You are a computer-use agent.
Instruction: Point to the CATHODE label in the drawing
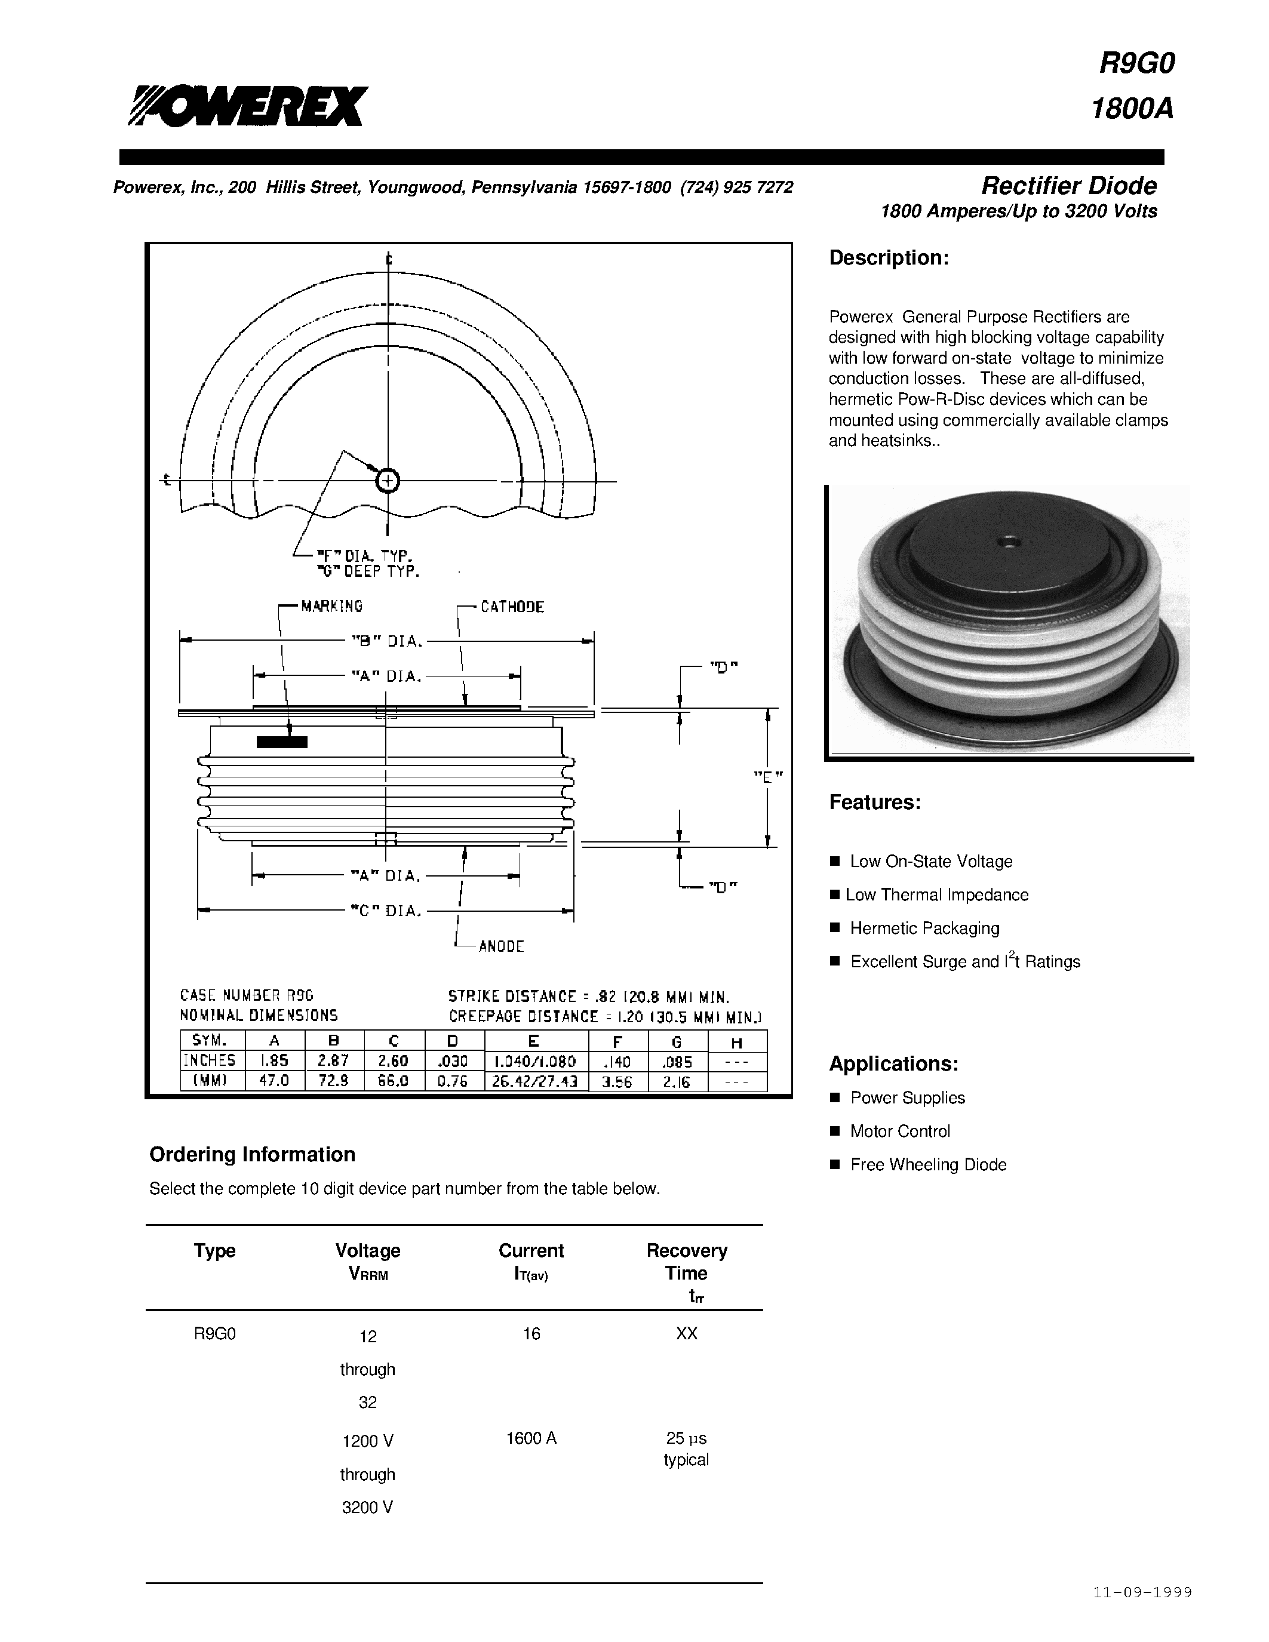coord(512,607)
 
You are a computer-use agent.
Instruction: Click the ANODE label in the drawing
coord(500,946)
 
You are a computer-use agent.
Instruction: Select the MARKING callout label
coord(331,606)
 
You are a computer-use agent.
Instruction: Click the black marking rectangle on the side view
coord(282,743)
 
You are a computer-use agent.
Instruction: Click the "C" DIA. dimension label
coord(386,911)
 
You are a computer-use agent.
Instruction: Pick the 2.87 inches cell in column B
coord(334,1061)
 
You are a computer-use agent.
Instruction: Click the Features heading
coord(874,802)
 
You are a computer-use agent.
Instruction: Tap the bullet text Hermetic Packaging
coord(924,928)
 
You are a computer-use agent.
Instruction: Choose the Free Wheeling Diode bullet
coord(927,1164)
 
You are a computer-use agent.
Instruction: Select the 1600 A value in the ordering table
coord(531,1438)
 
